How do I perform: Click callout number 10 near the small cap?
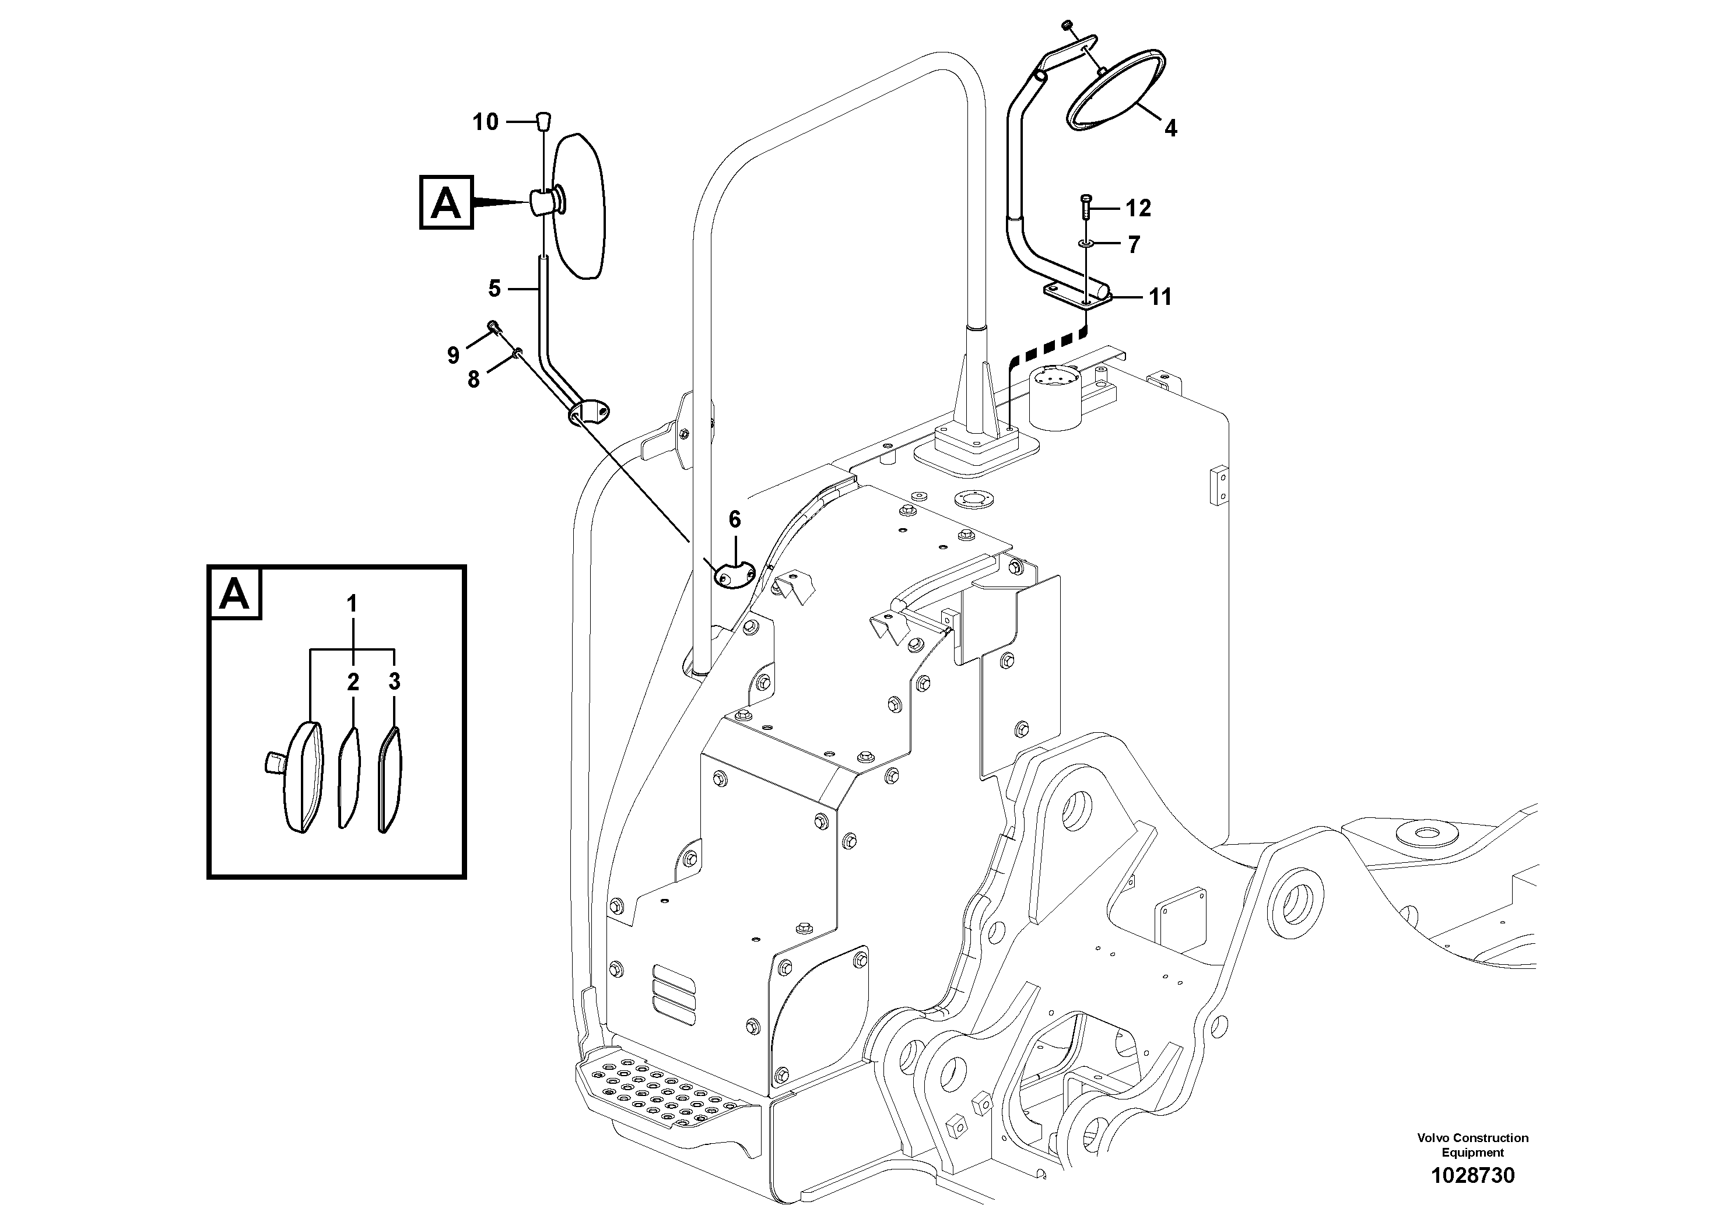[485, 122]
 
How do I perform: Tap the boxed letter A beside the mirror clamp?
[446, 202]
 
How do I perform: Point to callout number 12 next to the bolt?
[1138, 208]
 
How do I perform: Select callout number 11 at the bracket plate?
[1160, 297]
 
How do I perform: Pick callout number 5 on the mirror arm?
[495, 288]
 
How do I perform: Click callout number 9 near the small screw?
[453, 354]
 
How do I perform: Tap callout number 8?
[474, 380]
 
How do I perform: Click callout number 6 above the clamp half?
[734, 519]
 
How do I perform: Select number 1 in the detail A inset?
[352, 604]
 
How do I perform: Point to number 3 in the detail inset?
[394, 681]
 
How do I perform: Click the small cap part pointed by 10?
[543, 120]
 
